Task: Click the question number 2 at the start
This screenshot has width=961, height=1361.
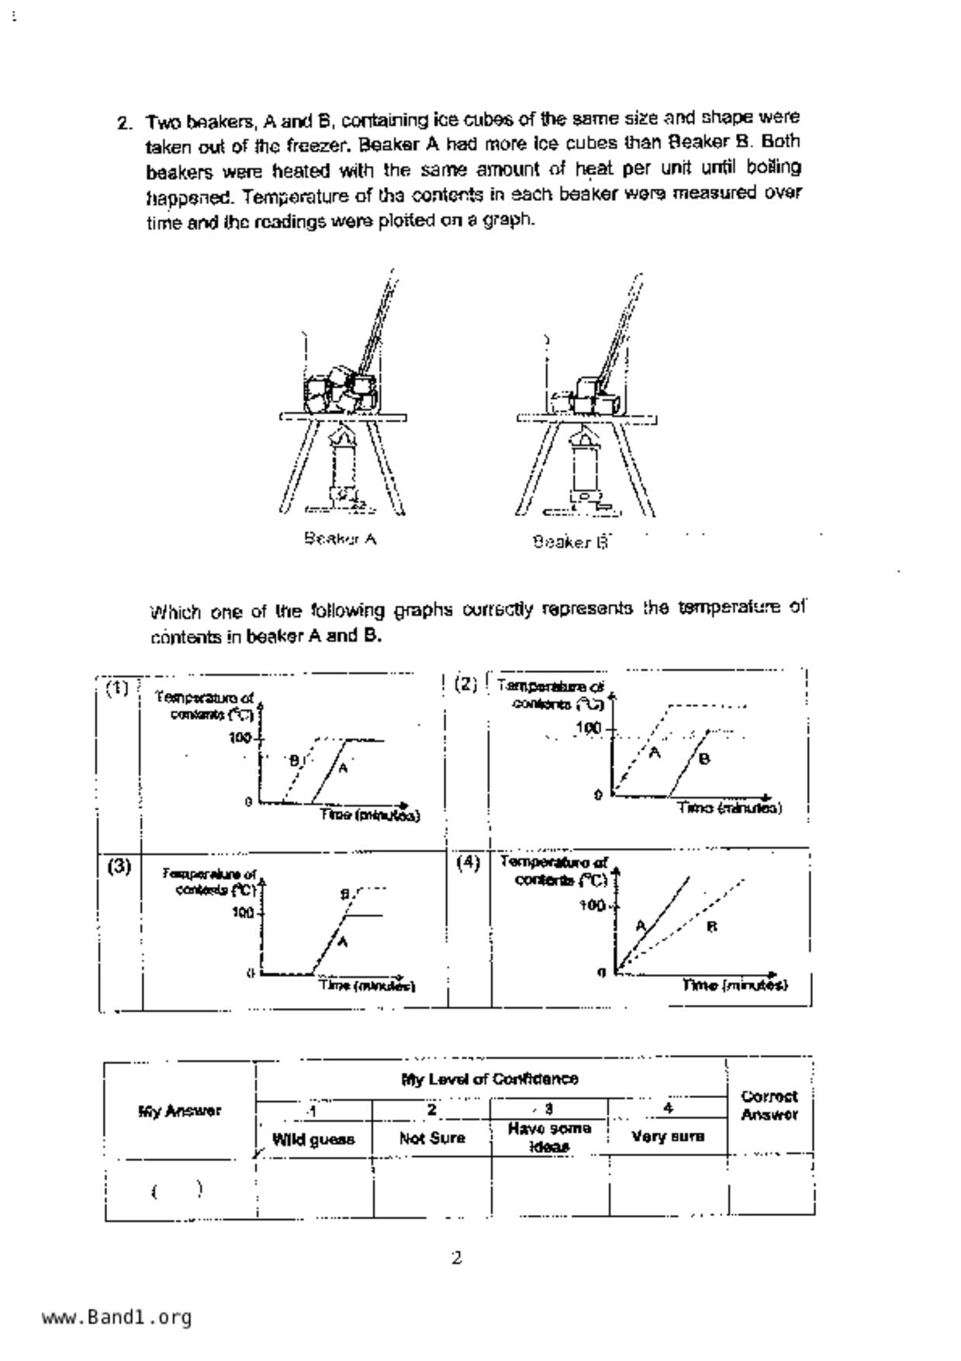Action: pos(123,123)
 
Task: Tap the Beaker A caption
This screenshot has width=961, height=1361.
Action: pos(340,539)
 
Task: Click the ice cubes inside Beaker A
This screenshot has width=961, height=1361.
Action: pos(339,390)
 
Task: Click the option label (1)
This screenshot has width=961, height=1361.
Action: pos(118,688)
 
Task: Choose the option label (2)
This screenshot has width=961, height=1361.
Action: pos(465,684)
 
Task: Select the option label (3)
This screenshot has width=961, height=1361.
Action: pos(119,866)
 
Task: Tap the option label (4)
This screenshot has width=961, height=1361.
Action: pos(468,862)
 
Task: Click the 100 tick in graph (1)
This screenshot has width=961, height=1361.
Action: pos(240,737)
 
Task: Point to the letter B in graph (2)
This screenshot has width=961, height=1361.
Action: pos(703,759)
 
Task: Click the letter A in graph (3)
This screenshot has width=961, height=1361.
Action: pos(343,941)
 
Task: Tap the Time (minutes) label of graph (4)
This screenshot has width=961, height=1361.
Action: pos(735,985)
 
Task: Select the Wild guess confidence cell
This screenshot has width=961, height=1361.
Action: pos(313,1139)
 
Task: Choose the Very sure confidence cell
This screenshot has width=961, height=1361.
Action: pos(668,1137)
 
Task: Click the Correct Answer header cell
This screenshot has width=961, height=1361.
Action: pos(769,1106)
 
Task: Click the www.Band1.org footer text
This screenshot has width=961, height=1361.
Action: pos(116,1317)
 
